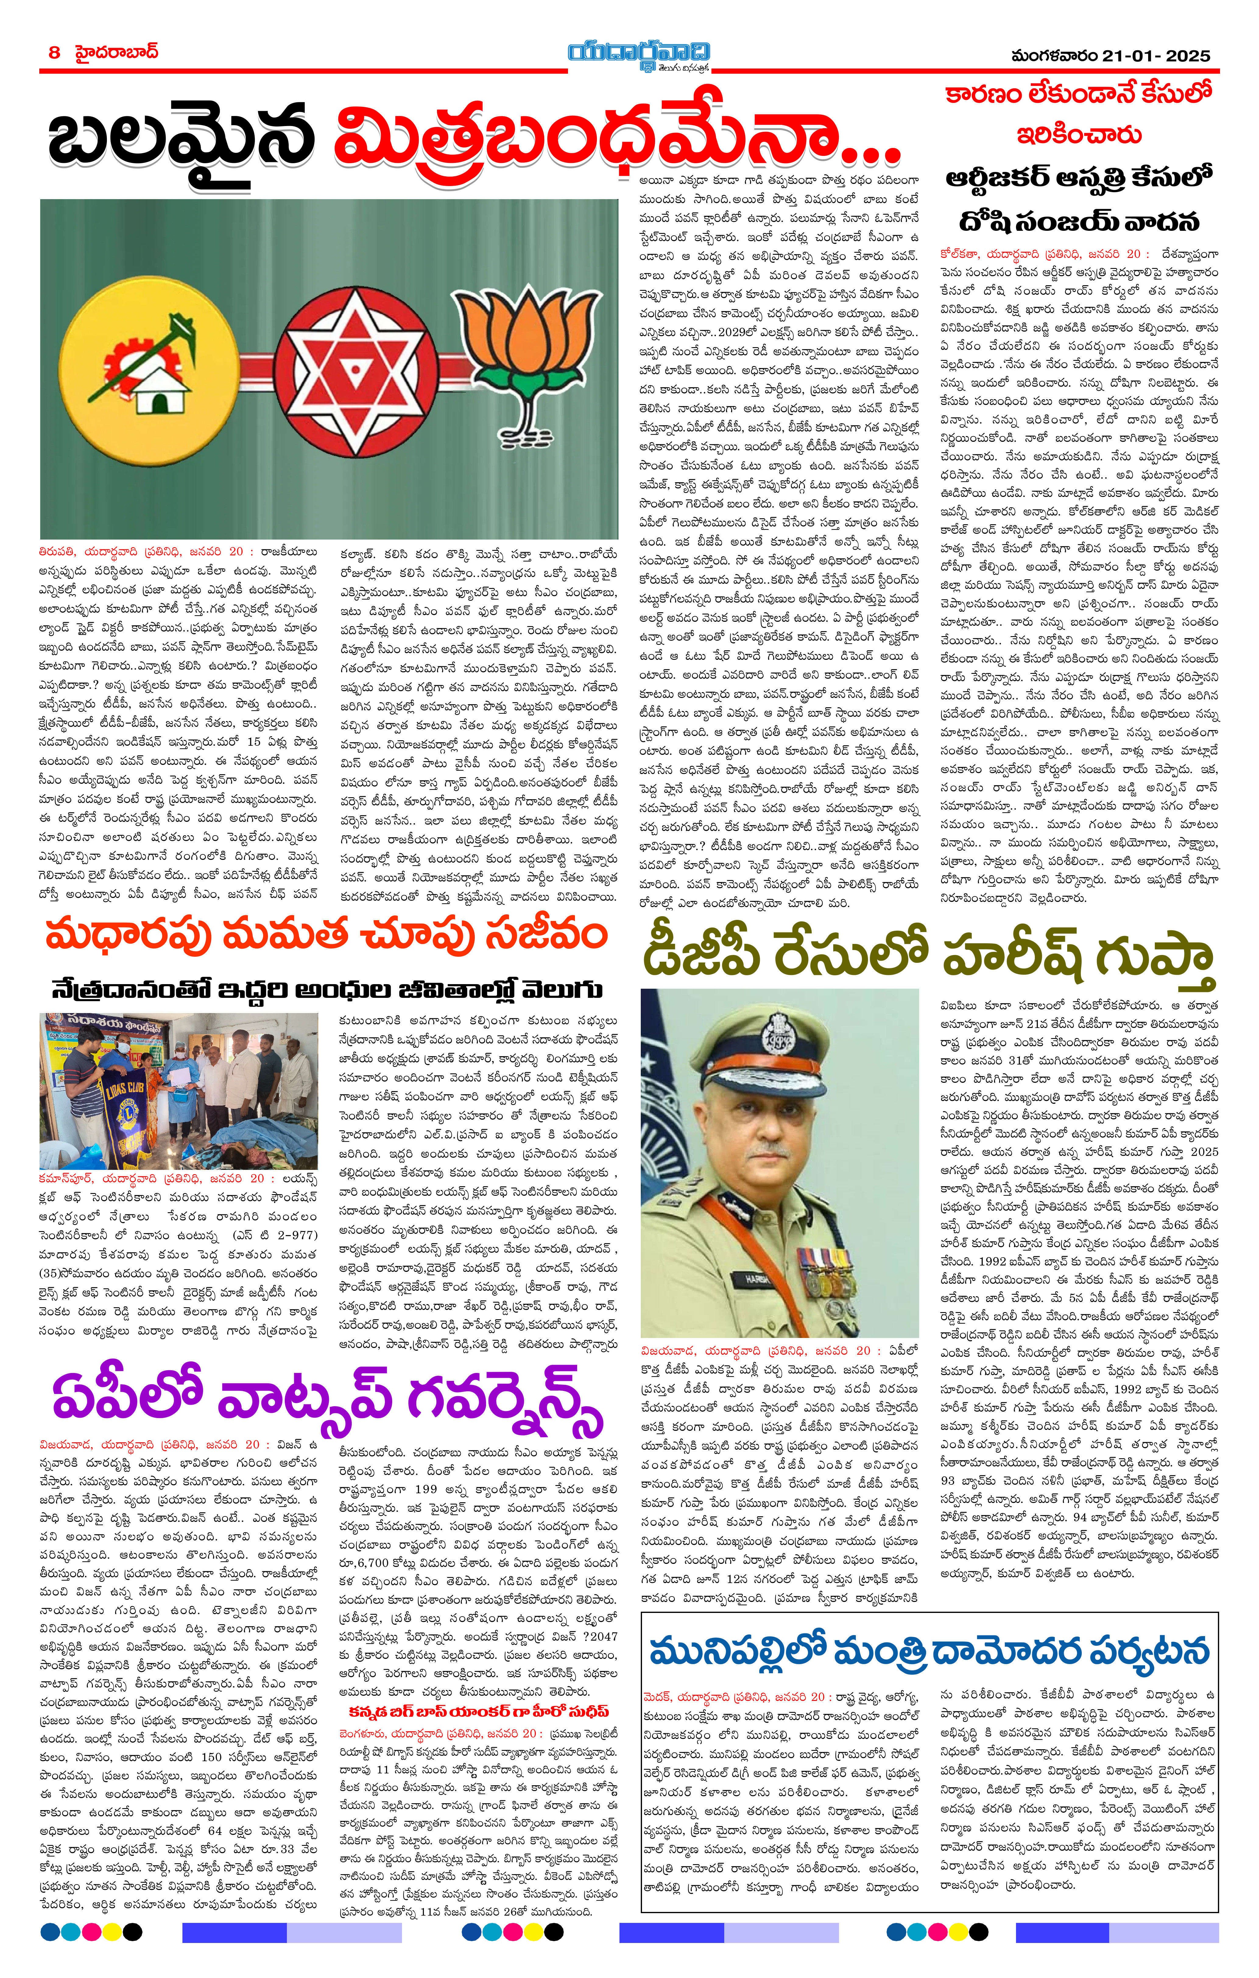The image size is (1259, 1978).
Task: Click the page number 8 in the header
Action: (x=54, y=53)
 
